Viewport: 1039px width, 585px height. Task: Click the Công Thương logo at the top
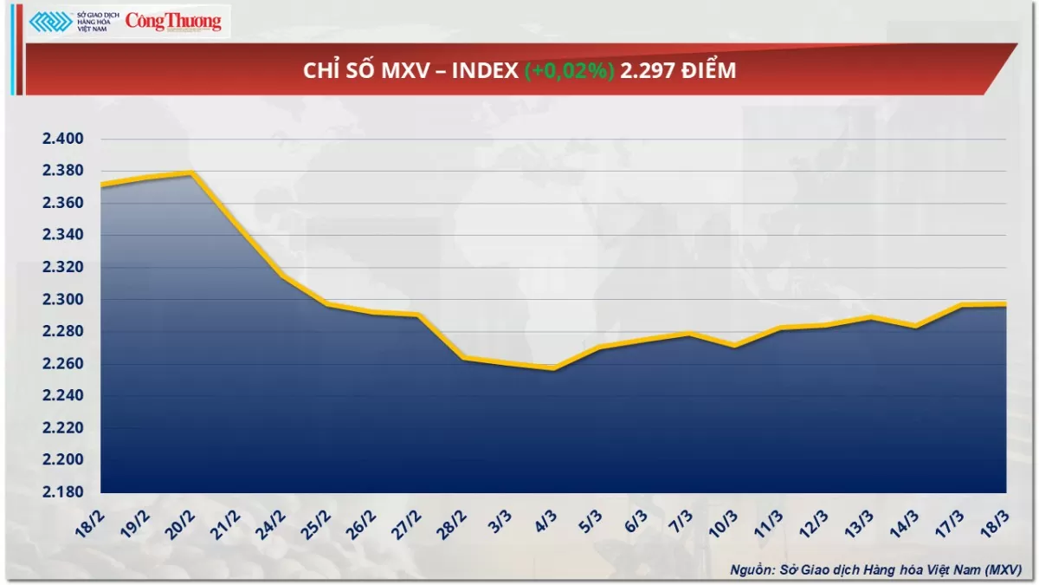(x=173, y=21)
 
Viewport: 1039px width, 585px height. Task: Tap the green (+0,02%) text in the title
(x=569, y=71)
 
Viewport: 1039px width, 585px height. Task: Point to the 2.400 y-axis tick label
(x=61, y=139)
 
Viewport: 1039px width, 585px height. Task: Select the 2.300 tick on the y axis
(x=61, y=300)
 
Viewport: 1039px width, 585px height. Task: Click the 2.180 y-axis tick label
(x=61, y=492)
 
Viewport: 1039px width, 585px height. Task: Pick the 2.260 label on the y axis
(x=61, y=364)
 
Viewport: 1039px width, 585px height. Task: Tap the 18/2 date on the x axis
(x=88, y=522)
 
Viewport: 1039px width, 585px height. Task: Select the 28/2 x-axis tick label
(x=450, y=522)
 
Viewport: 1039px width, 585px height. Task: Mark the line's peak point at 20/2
(x=191, y=172)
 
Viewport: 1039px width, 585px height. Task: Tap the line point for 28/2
(x=463, y=357)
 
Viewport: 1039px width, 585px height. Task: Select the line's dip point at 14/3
(x=915, y=326)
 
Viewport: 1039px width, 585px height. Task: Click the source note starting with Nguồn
(x=875, y=569)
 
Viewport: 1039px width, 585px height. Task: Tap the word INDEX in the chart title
(x=485, y=71)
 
